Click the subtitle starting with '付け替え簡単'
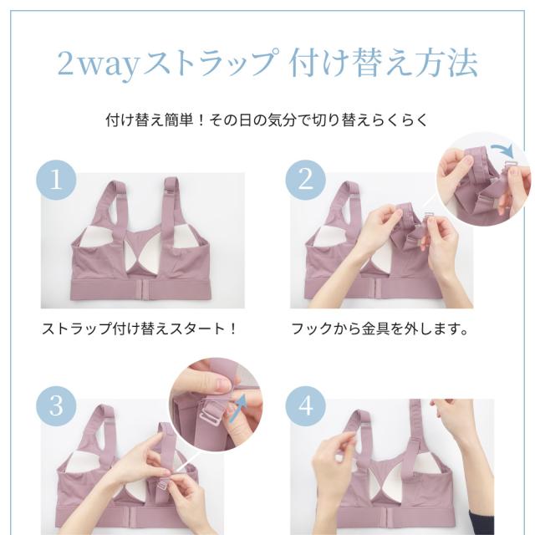coord(267,119)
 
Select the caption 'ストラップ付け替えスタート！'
coord(140,329)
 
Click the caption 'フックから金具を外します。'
coord(379,329)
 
